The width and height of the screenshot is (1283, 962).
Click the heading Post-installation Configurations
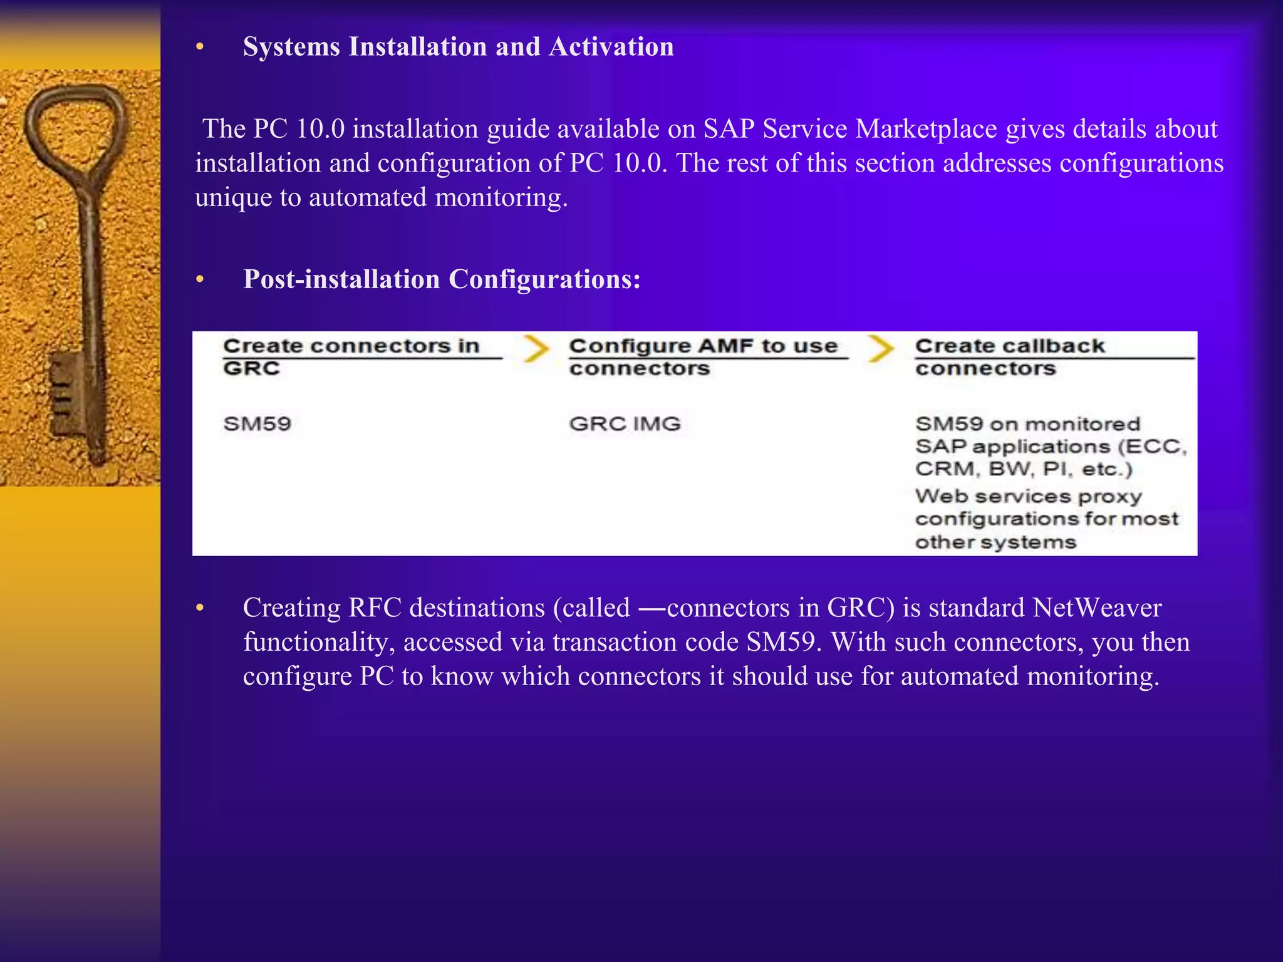tap(442, 279)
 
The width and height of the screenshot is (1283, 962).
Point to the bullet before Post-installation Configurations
tap(200, 280)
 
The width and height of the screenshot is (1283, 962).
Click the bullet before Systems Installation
tap(200, 48)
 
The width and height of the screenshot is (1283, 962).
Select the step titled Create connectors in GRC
tap(351, 356)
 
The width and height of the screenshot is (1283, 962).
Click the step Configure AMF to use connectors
tap(703, 356)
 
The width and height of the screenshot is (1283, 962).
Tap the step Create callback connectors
tap(1010, 356)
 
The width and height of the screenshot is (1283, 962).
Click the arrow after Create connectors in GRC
tap(536, 349)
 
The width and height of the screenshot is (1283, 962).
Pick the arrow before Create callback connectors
tap(881, 349)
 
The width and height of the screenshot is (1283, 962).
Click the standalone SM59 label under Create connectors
tap(257, 424)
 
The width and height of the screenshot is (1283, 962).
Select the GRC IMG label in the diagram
tap(625, 424)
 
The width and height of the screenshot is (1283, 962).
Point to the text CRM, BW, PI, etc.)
tap(1024, 469)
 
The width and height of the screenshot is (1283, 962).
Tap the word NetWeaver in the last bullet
tap(1097, 608)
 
